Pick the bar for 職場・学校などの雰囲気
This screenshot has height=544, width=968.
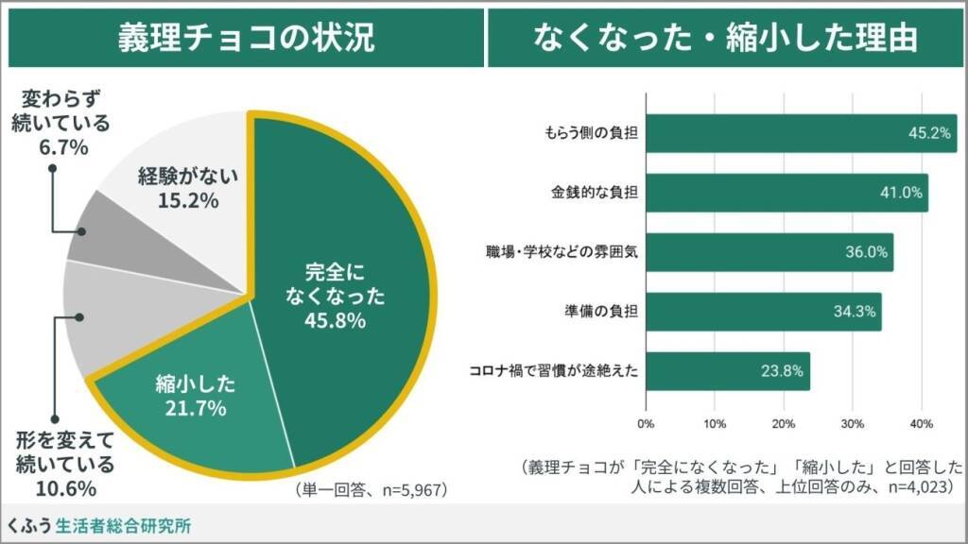769,252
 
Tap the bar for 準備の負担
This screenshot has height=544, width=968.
763,312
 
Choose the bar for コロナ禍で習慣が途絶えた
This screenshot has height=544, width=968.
727,371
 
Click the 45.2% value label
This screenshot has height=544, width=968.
928,133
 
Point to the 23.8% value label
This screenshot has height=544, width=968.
781,371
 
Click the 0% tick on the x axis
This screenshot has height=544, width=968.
646,422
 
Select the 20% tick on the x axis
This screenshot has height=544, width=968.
784,422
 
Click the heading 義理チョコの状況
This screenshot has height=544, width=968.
245,38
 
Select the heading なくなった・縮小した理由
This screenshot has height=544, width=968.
725,38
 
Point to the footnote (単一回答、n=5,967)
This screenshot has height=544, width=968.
370,490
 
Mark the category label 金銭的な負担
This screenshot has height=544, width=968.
595,193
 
